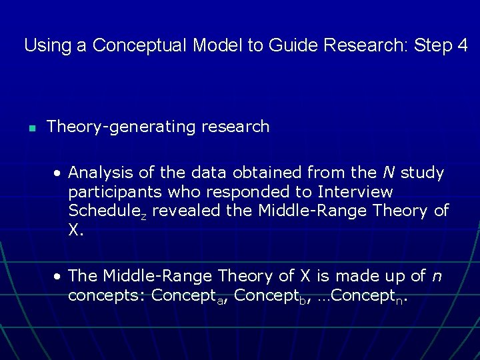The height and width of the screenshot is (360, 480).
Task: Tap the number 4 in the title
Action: [462, 46]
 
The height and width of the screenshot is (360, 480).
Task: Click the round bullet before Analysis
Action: [59, 173]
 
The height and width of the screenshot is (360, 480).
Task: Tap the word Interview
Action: [355, 193]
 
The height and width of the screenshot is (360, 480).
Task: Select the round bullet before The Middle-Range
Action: [59, 276]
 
